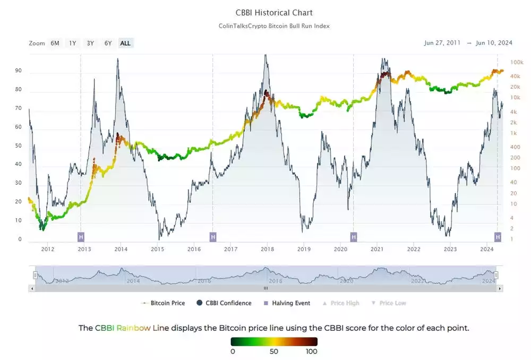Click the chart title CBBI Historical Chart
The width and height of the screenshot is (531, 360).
(274, 12)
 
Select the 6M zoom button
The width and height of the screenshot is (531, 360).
(55, 44)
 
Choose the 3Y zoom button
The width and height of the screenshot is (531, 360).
(90, 44)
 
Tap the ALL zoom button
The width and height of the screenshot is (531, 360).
(125, 44)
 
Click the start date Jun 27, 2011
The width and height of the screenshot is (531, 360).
(443, 43)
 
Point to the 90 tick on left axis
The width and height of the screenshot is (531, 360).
(19, 71)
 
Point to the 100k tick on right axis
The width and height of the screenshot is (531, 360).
(517, 63)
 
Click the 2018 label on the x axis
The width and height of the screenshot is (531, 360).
(267, 249)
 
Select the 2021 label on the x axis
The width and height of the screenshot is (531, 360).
(377, 249)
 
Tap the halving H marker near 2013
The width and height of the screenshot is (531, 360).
(81, 236)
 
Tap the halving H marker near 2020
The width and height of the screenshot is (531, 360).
(353, 236)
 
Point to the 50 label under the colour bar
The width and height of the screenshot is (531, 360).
(274, 352)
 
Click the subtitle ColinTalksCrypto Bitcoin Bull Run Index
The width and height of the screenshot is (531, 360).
(274, 26)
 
